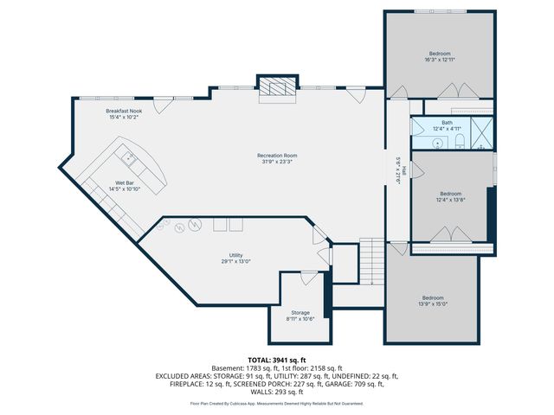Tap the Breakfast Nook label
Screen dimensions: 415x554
click(x=124, y=111)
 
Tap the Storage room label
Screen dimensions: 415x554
click(x=300, y=312)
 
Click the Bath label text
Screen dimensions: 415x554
click(x=447, y=122)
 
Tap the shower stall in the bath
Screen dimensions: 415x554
click(x=482, y=136)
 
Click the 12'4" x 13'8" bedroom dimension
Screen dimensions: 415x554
click(x=450, y=199)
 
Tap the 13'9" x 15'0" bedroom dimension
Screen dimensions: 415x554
click(x=433, y=303)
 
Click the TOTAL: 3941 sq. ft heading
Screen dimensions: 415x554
click(x=277, y=359)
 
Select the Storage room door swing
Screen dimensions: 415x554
click(x=308, y=278)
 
